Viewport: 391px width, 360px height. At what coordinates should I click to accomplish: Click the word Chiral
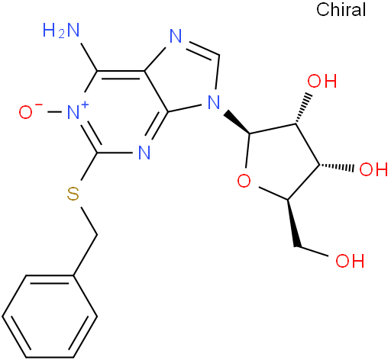[x=341, y=10]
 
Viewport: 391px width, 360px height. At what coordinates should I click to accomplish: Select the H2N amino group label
[x=61, y=31]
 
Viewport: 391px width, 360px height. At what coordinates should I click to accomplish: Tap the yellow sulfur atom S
[x=73, y=194]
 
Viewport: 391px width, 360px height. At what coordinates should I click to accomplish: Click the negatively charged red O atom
[x=26, y=112]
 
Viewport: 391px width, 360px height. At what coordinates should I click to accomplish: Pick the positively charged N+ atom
[x=74, y=112]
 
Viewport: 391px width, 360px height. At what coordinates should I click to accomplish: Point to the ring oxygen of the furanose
[x=244, y=181]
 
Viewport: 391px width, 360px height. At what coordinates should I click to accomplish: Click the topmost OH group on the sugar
[x=322, y=81]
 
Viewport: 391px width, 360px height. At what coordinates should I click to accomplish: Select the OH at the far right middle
[x=373, y=169]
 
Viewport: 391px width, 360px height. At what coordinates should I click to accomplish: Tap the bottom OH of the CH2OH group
[x=350, y=261]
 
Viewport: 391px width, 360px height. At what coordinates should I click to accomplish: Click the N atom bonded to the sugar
[x=214, y=102]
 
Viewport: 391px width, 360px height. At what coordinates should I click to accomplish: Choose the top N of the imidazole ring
[x=176, y=36]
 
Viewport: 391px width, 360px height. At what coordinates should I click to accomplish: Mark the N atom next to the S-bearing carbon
[x=144, y=153]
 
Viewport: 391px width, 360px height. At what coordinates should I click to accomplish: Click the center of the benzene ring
[x=50, y=316]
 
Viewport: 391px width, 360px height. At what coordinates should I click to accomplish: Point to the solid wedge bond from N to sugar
[x=238, y=122]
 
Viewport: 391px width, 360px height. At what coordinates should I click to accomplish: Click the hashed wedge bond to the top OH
[x=303, y=109]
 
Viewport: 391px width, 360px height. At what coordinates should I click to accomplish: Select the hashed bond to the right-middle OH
[x=337, y=167]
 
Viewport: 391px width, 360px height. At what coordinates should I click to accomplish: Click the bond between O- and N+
[x=54, y=112]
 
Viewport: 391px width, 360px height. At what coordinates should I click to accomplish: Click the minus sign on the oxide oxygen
[x=39, y=104]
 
